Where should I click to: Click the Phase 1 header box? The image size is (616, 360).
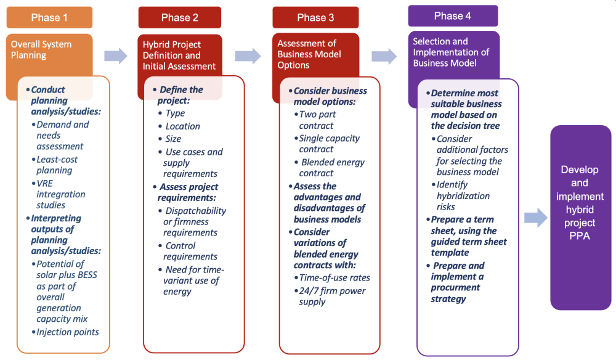(x=49, y=17)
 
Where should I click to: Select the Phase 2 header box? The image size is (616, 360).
(x=179, y=17)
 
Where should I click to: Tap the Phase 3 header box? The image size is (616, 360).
(x=315, y=17)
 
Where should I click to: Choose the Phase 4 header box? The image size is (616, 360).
(x=453, y=15)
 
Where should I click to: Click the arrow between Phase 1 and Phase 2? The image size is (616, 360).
(x=116, y=56)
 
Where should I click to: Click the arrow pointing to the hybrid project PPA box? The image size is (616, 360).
(x=535, y=218)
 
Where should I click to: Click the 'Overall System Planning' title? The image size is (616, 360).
(x=41, y=49)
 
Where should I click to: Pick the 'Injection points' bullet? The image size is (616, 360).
(x=68, y=332)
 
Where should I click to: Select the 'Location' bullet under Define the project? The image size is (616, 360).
(x=182, y=126)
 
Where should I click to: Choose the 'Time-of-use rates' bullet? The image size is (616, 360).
(x=334, y=277)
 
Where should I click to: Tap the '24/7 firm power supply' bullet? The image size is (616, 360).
(x=332, y=296)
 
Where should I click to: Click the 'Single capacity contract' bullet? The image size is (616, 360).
(x=329, y=144)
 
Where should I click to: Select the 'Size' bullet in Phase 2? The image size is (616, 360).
(x=173, y=139)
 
